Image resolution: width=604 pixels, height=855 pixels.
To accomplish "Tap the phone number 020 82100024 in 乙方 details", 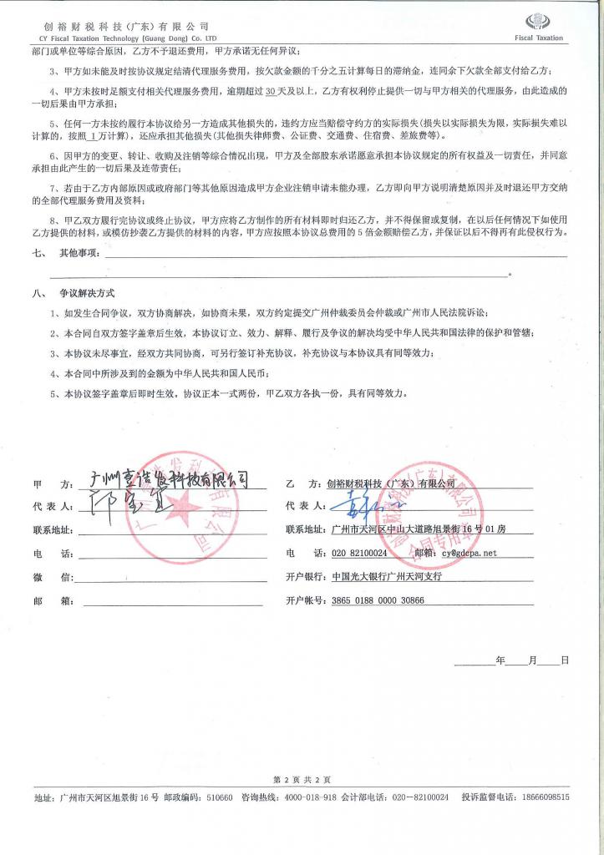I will click(x=359, y=553).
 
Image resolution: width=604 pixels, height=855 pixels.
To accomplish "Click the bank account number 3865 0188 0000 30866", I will click(x=378, y=600).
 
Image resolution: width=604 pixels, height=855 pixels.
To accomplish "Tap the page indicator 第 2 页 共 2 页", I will click(x=302, y=779).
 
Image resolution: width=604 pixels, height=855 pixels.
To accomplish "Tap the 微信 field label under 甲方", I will click(x=42, y=576).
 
